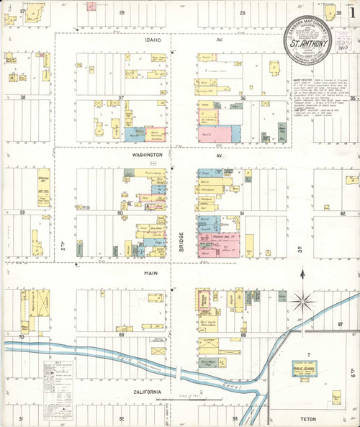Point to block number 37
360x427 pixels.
pos(121,98)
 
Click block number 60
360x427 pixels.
pos(121,214)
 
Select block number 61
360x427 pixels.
pos(243,214)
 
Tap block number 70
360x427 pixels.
pos(22,336)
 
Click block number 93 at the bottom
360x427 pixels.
pos(234,418)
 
